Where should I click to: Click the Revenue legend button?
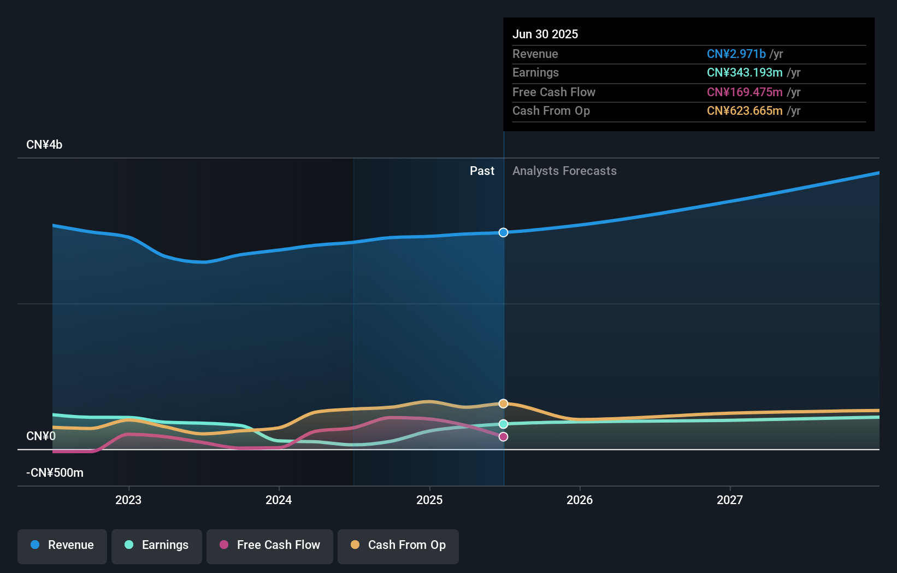point(62,546)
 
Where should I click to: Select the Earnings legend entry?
point(157,546)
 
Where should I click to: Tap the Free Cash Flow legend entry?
point(270,546)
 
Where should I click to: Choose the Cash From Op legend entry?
point(398,546)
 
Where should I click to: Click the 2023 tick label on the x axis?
point(128,500)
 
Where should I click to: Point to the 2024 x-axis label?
point(279,500)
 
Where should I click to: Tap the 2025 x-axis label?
point(429,500)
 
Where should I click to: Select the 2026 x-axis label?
point(580,500)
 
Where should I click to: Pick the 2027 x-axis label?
point(730,500)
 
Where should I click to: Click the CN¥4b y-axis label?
point(44,145)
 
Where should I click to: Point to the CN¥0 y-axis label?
point(41,436)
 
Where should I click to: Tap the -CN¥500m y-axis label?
point(55,473)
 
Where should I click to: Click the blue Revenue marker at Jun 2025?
point(503,232)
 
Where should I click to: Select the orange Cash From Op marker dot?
point(503,404)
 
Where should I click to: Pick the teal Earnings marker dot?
point(503,424)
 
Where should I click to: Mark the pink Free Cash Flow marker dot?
point(503,437)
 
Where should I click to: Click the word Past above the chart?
point(482,171)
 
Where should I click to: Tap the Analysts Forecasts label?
point(564,171)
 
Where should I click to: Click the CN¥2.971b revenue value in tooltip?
point(736,54)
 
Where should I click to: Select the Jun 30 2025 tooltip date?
point(545,34)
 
